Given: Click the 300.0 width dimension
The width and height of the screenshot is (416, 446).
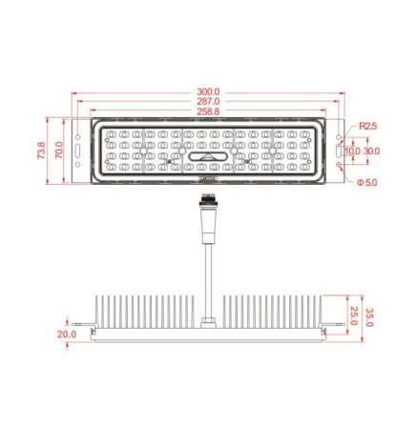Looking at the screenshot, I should tap(208, 92).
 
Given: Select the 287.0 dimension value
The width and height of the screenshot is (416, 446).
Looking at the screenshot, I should tap(208, 101).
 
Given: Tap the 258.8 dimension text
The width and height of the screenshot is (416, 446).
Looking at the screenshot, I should tap(208, 111).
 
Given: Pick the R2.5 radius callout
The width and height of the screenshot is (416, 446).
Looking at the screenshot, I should tap(367, 125).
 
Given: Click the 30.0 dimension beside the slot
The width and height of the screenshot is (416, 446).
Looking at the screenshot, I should tap(371, 151).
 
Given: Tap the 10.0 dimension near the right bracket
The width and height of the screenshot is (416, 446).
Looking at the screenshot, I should tap(353, 151).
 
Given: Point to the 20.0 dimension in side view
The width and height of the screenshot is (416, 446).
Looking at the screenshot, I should tap(67, 334).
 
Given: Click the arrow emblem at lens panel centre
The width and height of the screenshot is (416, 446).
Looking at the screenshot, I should tap(207, 157).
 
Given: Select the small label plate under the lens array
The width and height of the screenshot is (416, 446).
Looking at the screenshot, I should tap(207, 177).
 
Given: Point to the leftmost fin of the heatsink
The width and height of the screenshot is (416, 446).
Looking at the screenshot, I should tap(96, 311).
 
